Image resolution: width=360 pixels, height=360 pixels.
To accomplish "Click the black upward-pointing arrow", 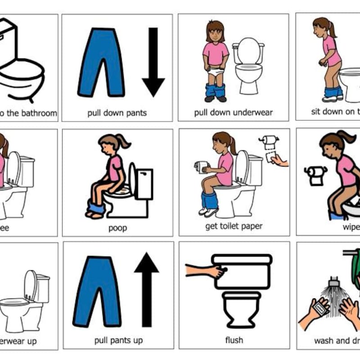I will [x=146, y=288].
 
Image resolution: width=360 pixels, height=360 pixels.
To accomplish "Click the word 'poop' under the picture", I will [x=117, y=228].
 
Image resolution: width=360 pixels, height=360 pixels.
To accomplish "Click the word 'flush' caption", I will [x=234, y=340].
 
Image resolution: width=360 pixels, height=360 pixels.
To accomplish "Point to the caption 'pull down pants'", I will [x=117, y=112].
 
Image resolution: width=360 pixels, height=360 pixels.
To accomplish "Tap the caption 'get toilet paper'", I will [x=234, y=226].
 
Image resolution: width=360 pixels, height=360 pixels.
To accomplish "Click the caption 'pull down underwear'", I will [x=234, y=112].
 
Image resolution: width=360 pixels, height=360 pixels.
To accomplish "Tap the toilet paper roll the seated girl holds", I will [x=202, y=167].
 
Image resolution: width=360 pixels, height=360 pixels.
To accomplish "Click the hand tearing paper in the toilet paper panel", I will [x=279, y=160].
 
